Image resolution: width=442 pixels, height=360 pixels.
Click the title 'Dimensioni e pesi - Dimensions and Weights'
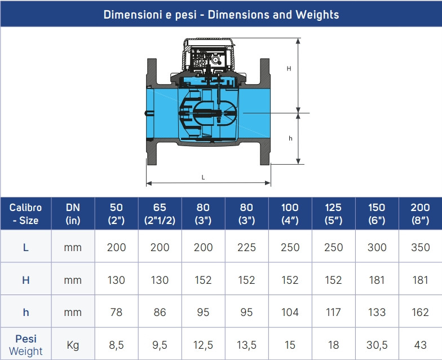[x=221, y=15]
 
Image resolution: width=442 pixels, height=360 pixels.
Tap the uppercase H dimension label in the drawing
[x=289, y=69]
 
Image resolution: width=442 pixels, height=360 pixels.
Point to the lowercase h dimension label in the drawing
[x=290, y=138]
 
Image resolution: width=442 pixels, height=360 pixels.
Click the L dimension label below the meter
[x=203, y=177]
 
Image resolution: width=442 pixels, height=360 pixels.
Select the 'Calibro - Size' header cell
[x=26, y=213]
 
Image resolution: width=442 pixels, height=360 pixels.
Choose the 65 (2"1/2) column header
[x=160, y=213]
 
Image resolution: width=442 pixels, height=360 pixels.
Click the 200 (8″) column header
[x=421, y=213]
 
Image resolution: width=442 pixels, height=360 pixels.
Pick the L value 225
[x=246, y=247]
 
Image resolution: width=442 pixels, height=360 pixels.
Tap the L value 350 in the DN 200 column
[x=421, y=247]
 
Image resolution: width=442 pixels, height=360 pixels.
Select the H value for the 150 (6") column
[x=377, y=280]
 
